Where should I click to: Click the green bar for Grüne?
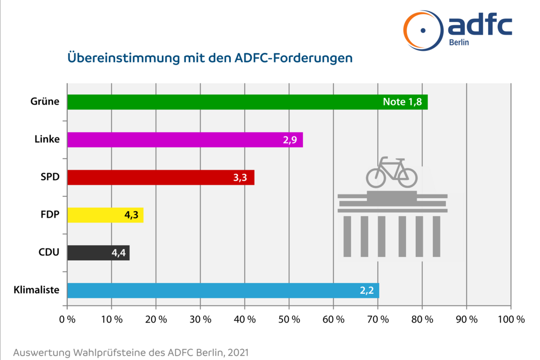point(221,102)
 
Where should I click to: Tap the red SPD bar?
point(144,177)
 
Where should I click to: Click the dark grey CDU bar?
point(86,252)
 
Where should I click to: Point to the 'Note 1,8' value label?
point(402,102)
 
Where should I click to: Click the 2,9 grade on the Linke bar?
point(290,140)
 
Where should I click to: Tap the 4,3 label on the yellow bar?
point(131,216)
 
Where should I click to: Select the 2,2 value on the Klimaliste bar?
point(367,290)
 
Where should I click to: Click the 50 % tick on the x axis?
point(289,319)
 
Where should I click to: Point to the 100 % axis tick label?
point(511,319)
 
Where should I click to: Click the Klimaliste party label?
point(37,290)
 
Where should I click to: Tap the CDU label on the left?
point(48,252)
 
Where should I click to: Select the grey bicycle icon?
point(391,172)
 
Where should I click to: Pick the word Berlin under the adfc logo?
point(459,42)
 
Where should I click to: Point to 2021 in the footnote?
point(238,353)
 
